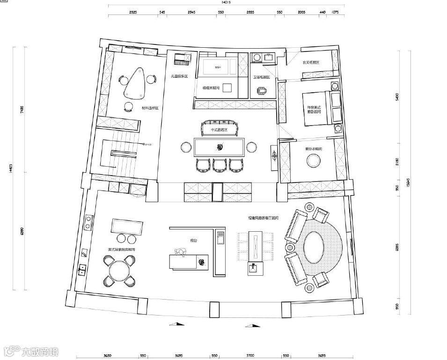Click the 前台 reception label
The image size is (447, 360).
pyautogui.click(x=193, y=240)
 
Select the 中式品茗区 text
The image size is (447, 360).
pyautogui.click(x=219, y=130)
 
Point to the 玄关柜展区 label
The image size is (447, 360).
pyautogui.click(x=310, y=62)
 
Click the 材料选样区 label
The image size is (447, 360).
pyautogui.click(x=150, y=108)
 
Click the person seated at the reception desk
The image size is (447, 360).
pyautogui.click(x=180, y=252)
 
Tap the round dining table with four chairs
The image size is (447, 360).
pyautogui.click(x=119, y=271)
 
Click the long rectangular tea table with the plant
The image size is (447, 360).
pyautogui.click(x=220, y=147)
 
